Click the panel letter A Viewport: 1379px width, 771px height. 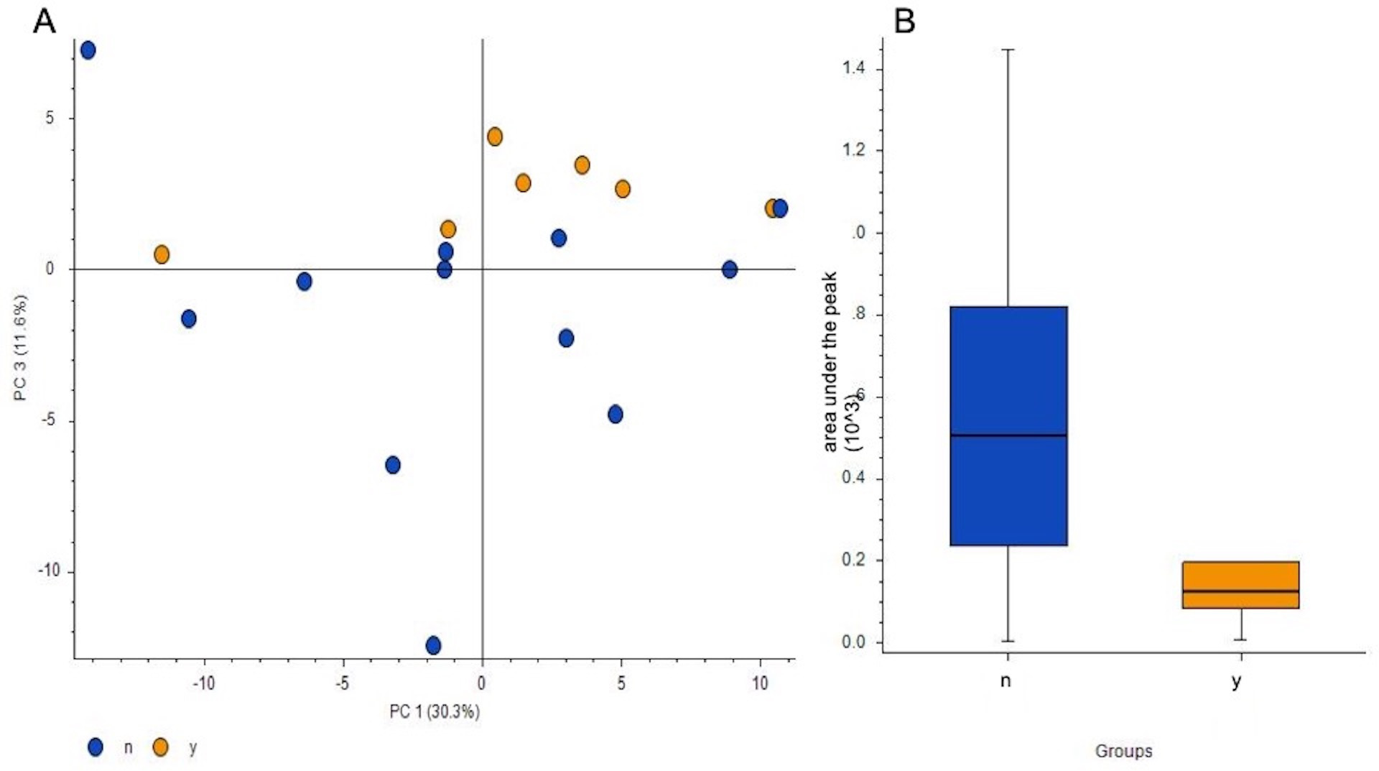[x=45, y=22]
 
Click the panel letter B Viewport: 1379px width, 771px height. [x=904, y=22]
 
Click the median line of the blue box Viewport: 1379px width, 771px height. [x=1008, y=435]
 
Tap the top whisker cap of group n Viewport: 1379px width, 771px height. [x=1008, y=50]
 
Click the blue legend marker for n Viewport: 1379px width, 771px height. [x=95, y=747]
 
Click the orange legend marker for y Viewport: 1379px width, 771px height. [x=161, y=747]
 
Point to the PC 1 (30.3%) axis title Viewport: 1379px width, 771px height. [x=435, y=711]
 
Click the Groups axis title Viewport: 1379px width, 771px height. [x=1123, y=751]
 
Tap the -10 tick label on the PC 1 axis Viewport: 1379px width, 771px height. [x=203, y=683]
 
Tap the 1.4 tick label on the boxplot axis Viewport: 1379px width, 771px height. [x=854, y=68]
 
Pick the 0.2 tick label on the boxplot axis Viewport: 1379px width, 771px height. [x=854, y=560]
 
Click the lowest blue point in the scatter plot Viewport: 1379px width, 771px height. [x=433, y=645]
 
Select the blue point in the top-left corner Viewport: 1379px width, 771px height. [x=88, y=50]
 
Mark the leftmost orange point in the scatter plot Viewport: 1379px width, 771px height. [x=162, y=254]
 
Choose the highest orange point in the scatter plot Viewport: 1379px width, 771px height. [x=495, y=137]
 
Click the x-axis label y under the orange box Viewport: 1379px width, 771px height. [x=1236, y=681]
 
